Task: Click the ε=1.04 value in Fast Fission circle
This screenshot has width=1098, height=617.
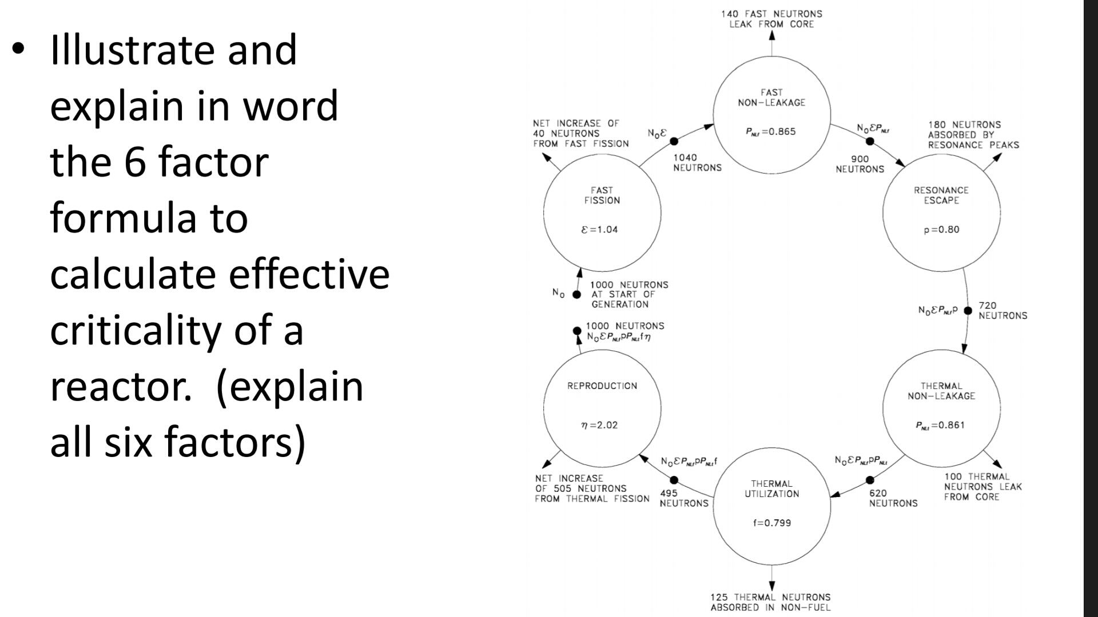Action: [599, 230]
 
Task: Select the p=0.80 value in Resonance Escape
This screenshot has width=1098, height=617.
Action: [941, 230]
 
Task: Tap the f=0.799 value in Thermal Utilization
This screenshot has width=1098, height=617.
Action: [771, 523]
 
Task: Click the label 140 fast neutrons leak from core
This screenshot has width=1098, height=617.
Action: [771, 19]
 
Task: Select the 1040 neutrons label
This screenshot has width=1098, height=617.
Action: [697, 163]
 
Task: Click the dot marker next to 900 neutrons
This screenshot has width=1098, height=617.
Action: [870, 141]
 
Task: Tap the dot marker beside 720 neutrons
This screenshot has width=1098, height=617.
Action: [968, 311]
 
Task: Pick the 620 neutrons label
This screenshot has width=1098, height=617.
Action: [893, 498]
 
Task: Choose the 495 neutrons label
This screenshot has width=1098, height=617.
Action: [683, 498]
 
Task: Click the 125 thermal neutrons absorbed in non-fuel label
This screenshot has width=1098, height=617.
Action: [770, 602]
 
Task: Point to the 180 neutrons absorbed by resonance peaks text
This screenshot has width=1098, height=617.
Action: [973, 135]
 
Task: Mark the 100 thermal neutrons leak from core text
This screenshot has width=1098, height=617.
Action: [982, 487]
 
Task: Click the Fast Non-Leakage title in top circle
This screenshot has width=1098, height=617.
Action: [771, 98]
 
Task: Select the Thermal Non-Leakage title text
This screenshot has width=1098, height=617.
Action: [941, 391]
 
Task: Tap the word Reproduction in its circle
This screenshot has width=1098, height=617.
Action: [602, 386]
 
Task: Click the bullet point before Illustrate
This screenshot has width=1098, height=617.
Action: [18, 49]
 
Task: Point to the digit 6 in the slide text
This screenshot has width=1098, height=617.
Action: [135, 162]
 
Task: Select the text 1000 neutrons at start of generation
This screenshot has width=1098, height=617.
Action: [628, 294]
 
